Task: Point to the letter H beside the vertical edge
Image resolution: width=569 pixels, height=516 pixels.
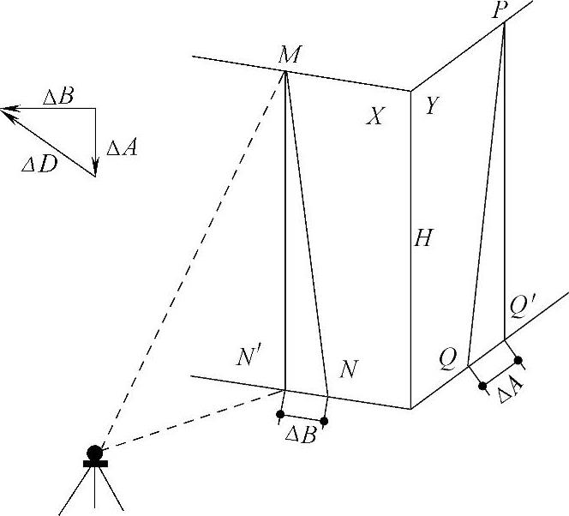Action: [x=422, y=238]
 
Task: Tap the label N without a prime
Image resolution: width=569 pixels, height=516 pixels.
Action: [x=348, y=369]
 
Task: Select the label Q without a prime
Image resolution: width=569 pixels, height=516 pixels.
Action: [x=447, y=357]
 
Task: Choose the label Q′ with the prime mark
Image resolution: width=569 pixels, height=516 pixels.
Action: [x=522, y=306]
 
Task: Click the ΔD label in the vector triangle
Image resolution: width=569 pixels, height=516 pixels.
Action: [x=39, y=163]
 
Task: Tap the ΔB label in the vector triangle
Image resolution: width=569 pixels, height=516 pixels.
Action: [x=57, y=95]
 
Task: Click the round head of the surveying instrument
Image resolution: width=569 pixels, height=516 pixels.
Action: [x=94, y=452]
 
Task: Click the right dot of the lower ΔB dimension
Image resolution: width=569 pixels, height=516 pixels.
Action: [x=324, y=421]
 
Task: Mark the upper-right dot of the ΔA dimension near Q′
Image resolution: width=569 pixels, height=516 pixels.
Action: [x=518, y=361]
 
